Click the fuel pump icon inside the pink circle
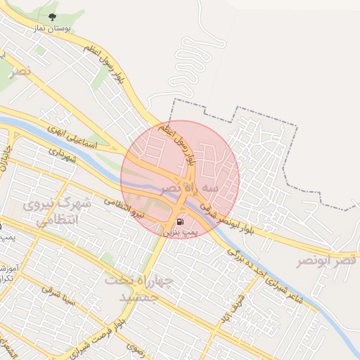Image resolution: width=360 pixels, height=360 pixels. click(x=181, y=221)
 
